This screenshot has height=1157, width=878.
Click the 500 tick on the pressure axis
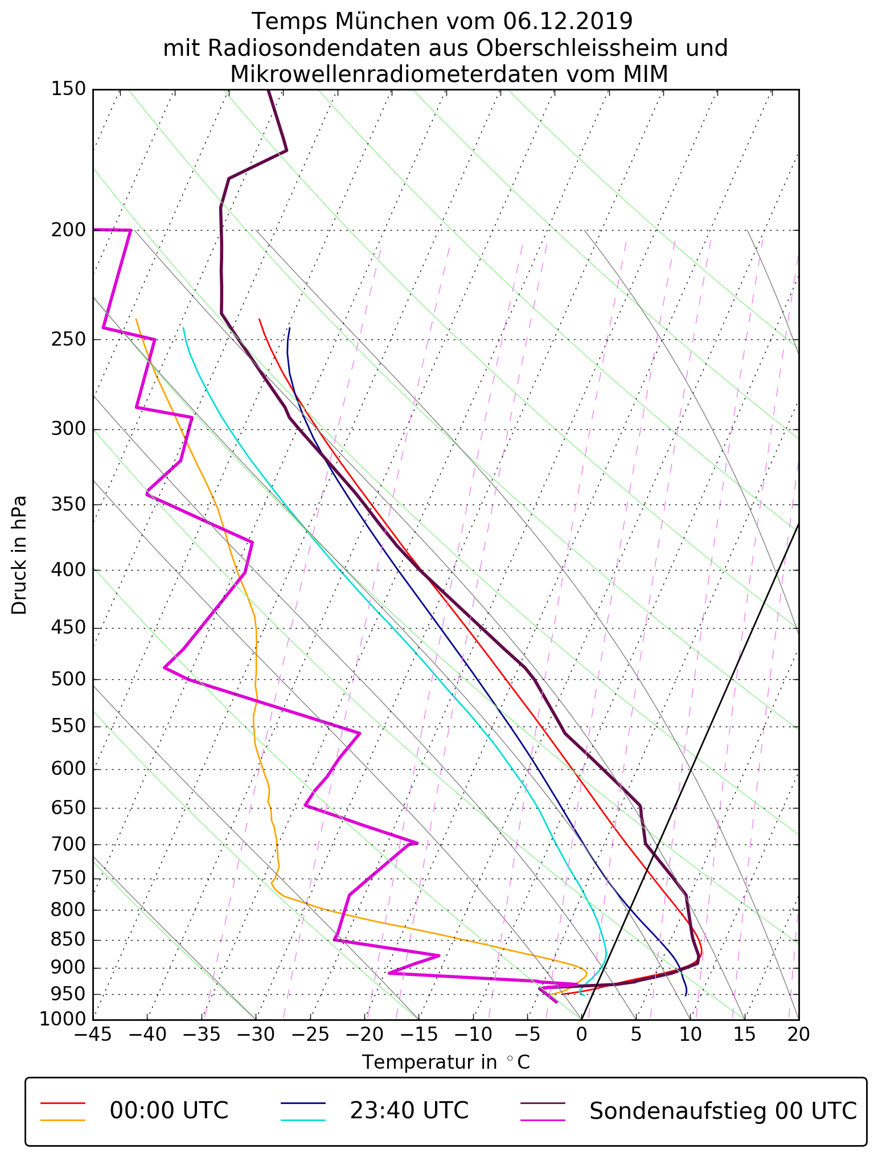[68, 679]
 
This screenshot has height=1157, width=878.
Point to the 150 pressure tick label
[68, 89]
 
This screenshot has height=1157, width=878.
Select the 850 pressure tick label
[68, 940]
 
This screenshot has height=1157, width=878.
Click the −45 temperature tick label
[93, 1033]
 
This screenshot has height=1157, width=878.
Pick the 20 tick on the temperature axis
[798, 1033]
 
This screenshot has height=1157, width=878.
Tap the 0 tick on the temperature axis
[581, 1033]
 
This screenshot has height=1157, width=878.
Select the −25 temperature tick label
[310, 1033]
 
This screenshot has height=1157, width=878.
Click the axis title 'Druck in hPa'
[19, 555]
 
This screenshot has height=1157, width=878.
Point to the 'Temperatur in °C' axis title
[446, 1062]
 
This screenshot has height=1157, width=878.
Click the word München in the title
[387, 22]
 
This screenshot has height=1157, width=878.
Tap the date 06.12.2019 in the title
[568, 22]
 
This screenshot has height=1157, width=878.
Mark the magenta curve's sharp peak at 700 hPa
[417, 843]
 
